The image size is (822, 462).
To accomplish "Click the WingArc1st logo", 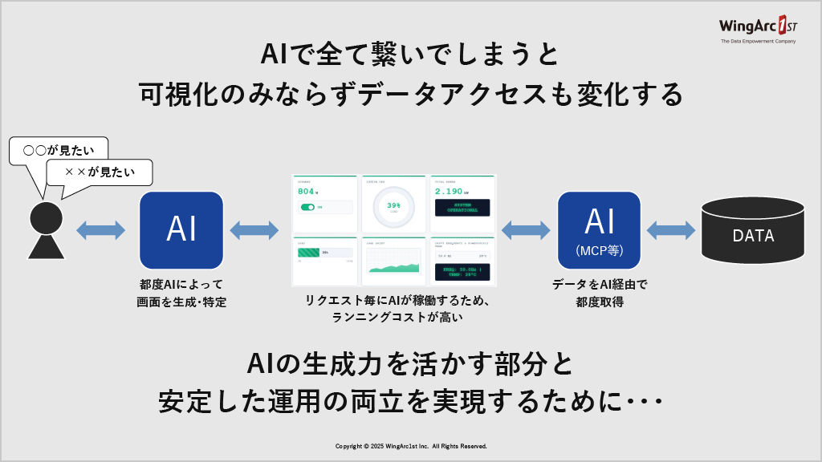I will pyautogui.click(x=758, y=29).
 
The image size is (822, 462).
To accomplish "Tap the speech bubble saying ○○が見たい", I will pyautogui.click(x=58, y=150).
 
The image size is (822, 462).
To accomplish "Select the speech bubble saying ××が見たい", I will pyautogui.click(x=100, y=171).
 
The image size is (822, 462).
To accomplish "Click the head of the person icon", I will pyautogui.click(x=46, y=217).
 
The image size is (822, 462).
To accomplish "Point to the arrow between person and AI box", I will pyautogui.click(x=101, y=230).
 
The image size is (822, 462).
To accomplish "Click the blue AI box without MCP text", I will pyautogui.click(x=181, y=229).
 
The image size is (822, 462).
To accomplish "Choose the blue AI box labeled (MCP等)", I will pyautogui.click(x=599, y=229).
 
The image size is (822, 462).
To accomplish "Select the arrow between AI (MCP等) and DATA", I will pyautogui.click(x=670, y=230).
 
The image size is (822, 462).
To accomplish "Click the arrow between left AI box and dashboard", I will pyautogui.click(x=254, y=230).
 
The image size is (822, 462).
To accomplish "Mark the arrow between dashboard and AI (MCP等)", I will pyautogui.click(x=525, y=230).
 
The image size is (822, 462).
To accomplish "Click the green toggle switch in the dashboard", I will pyautogui.click(x=307, y=207).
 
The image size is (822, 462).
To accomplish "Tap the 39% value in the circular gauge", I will pyautogui.click(x=393, y=205).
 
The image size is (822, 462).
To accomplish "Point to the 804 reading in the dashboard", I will pyautogui.click(x=307, y=192).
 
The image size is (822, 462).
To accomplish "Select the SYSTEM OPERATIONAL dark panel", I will pyautogui.click(x=462, y=209).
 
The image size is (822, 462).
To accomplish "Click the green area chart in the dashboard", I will pyautogui.click(x=393, y=266).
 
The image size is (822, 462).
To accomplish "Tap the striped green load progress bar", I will pyautogui.click(x=309, y=252).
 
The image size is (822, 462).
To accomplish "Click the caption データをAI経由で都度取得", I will pyautogui.click(x=599, y=293).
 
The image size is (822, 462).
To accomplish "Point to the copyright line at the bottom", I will pyautogui.click(x=411, y=446).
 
